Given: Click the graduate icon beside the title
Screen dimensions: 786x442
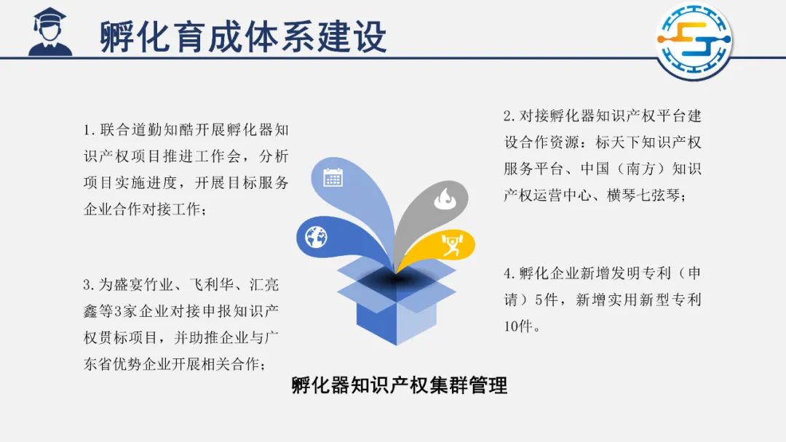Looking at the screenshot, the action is (x=50, y=31).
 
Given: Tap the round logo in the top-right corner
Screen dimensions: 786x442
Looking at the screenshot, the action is (x=694, y=41).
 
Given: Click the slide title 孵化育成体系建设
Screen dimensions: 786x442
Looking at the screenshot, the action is (x=244, y=36).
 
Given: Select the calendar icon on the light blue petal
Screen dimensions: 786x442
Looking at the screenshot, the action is (x=333, y=177).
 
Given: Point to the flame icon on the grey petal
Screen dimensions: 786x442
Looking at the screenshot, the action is (x=444, y=198).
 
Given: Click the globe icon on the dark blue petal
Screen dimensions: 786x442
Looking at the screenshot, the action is (x=317, y=237).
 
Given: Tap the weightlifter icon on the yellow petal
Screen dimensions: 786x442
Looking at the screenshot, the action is (x=451, y=245).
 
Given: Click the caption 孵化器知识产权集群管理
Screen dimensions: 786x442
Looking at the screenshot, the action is (x=400, y=385).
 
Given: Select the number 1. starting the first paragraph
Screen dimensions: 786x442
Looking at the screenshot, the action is (x=90, y=130).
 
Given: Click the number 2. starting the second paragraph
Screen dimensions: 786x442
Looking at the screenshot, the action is (x=509, y=116).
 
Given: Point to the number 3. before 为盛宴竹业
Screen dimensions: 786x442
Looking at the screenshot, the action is (x=90, y=285).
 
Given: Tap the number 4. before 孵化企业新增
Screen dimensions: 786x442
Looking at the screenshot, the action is (x=509, y=273).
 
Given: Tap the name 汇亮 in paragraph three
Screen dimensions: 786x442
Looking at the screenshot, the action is (x=264, y=285).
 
